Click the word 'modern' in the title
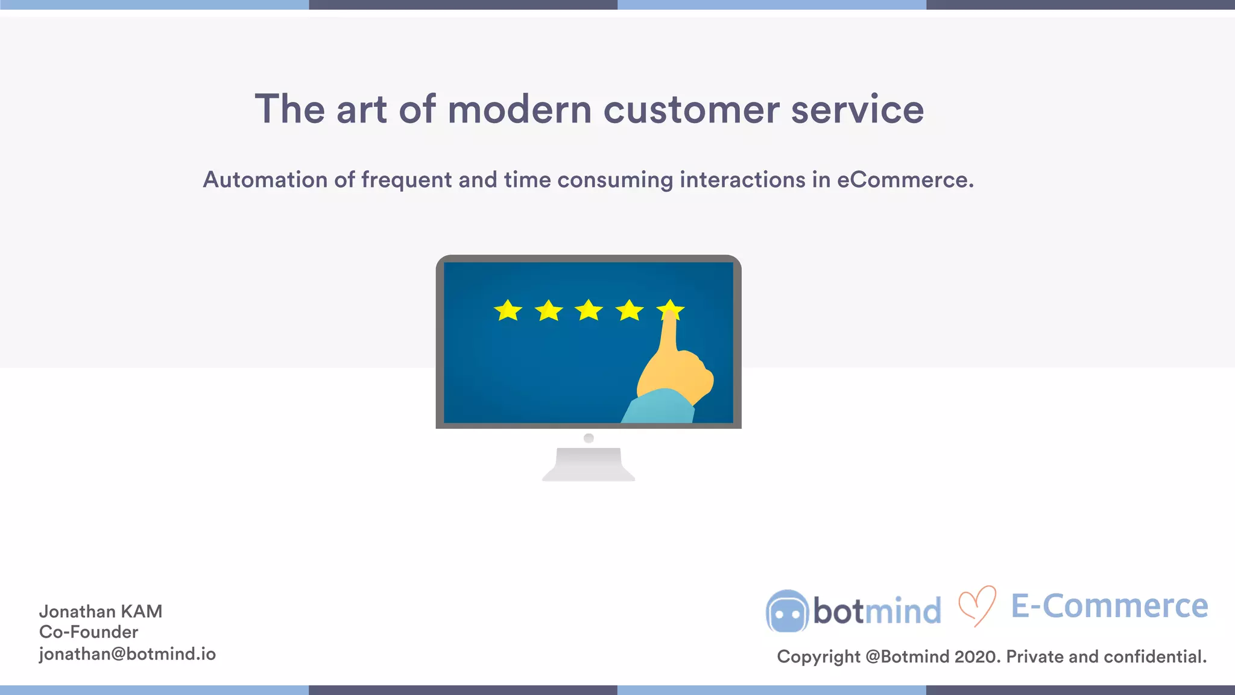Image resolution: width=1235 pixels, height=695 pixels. click(519, 110)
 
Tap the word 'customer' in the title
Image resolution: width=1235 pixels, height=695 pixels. click(691, 110)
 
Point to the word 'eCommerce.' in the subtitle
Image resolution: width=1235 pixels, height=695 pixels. click(905, 180)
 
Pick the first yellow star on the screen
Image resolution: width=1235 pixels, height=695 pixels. click(508, 311)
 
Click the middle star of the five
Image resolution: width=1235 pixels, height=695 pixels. click(589, 311)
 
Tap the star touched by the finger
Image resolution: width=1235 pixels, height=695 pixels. click(671, 309)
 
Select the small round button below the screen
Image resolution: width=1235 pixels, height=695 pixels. click(589, 438)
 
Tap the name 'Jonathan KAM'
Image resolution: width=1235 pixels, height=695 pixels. click(101, 612)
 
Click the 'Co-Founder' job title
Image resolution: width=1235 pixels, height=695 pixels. click(89, 632)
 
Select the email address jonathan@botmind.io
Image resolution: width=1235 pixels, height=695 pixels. click(127, 654)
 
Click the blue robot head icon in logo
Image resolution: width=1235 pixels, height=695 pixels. click(787, 611)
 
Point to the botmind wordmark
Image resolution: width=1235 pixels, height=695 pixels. click(877, 611)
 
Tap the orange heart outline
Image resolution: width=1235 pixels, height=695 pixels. click(977, 606)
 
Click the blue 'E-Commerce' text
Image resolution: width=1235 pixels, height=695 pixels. click(1109, 606)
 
